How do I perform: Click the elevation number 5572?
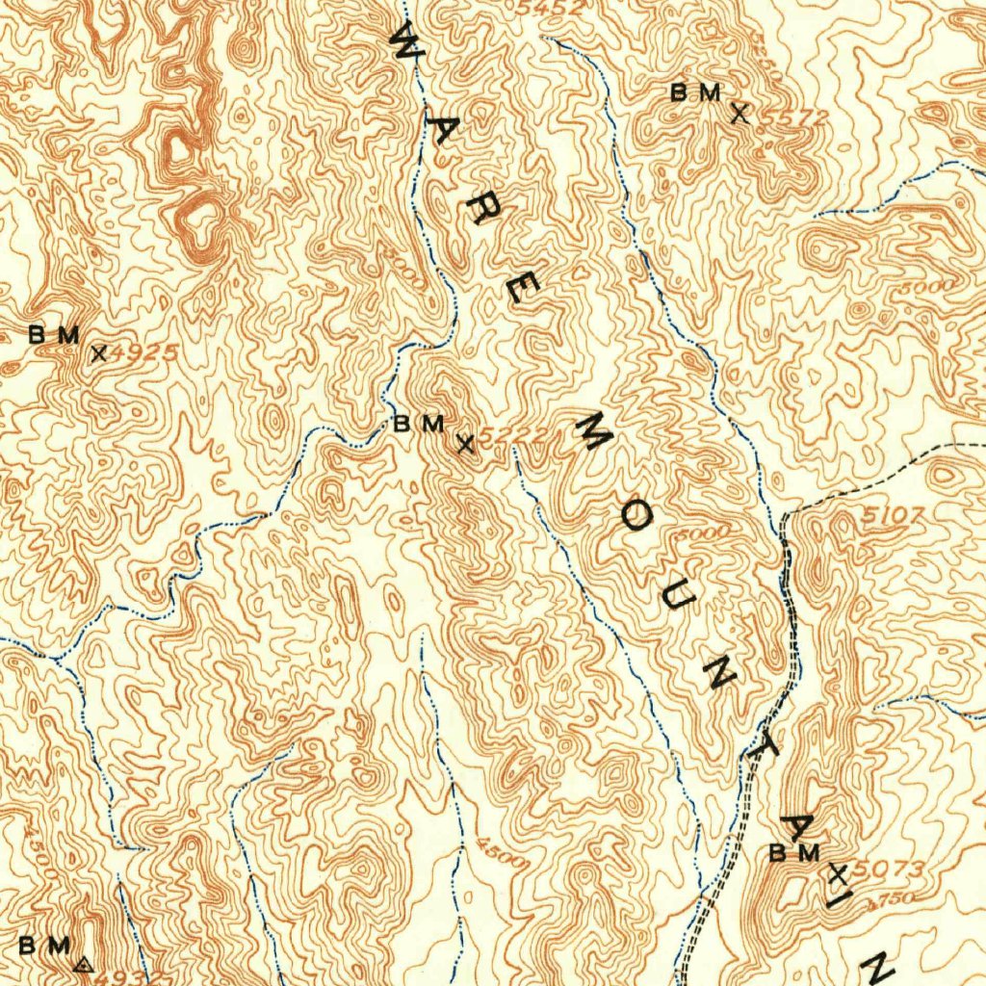[x=794, y=117]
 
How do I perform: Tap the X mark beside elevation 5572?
[x=739, y=114]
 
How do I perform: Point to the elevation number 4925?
[x=145, y=352]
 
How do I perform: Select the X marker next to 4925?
[x=97, y=353]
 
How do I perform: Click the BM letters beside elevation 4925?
[x=53, y=335]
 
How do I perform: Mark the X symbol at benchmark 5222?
[x=465, y=444]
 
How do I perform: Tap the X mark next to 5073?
[x=838, y=874]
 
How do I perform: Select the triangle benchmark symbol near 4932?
[x=83, y=961]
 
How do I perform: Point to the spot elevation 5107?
[x=892, y=516]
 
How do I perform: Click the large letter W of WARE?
[x=404, y=43]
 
